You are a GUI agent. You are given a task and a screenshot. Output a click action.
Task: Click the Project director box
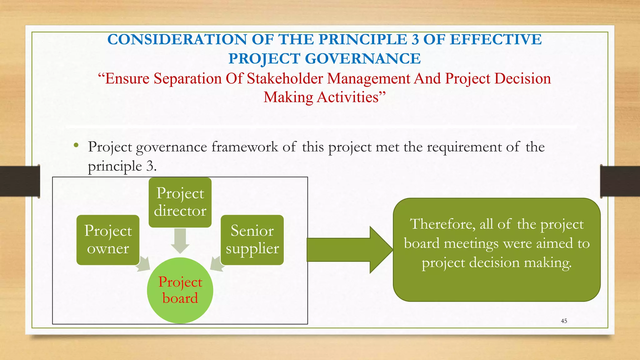tap(180, 202)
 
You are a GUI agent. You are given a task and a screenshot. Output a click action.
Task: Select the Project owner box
tap(108, 240)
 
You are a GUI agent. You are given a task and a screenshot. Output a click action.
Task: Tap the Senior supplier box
tap(252, 240)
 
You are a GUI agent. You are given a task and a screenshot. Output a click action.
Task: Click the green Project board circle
tap(180, 290)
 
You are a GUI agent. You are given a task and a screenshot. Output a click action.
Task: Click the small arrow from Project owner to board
tap(143, 264)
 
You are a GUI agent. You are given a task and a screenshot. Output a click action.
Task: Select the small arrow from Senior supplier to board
tap(217, 263)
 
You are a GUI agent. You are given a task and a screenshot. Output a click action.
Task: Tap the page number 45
tap(564, 321)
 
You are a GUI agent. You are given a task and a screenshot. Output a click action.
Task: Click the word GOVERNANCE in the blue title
tap(362, 59)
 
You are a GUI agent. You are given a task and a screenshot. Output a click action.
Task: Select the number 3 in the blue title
tap(415, 40)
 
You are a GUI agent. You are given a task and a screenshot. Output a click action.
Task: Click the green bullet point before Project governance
tap(76, 145)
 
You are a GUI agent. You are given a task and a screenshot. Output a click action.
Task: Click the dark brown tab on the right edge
tap(620, 181)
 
